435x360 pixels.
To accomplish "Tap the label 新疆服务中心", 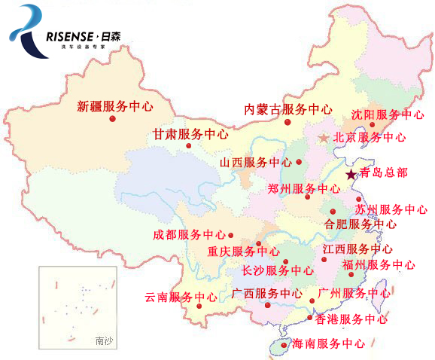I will click(x=115, y=106).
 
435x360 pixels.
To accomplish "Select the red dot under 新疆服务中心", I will click(x=112, y=120).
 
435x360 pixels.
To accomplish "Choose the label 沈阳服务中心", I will click(x=388, y=115).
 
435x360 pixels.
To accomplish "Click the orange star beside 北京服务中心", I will click(x=324, y=138).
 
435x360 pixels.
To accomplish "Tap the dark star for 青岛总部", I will click(x=351, y=174).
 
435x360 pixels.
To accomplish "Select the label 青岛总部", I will click(x=384, y=172).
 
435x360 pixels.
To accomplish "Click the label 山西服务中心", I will click(x=255, y=163).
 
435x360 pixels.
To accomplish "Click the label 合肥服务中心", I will click(x=360, y=224).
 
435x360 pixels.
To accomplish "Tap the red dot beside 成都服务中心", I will click(x=231, y=235).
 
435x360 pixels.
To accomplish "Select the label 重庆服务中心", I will click(x=243, y=252).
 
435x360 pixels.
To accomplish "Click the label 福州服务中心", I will click(x=378, y=265).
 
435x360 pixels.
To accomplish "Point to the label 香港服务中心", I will click(x=351, y=319).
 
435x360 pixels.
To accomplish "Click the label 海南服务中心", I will click(x=328, y=343).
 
